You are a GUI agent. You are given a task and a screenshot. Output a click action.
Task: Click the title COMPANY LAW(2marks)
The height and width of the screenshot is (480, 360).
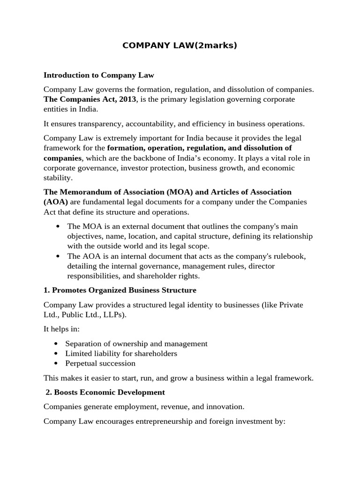[x=180, y=45]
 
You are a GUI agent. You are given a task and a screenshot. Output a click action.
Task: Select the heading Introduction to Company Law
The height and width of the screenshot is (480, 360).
[x=98, y=75]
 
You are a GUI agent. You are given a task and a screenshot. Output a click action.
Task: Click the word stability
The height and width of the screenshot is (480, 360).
[x=58, y=178]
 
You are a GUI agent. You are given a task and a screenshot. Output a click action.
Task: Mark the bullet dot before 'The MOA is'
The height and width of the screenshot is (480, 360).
[x=58, y=227]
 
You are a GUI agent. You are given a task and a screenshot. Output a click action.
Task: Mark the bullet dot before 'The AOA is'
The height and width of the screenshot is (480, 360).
[x=58, y=256]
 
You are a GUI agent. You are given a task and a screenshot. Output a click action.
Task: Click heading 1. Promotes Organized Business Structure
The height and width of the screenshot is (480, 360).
[x=120, y=291]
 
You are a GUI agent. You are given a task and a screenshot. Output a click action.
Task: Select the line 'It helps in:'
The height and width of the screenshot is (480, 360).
[x=62, y=329]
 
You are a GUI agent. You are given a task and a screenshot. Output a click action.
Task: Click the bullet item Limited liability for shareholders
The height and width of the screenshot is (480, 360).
[x=121, y=353]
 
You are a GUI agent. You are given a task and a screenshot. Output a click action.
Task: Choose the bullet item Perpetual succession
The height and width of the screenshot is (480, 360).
[x=100, y=363]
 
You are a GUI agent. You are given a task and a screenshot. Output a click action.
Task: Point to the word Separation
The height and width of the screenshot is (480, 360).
[x=84, y=344]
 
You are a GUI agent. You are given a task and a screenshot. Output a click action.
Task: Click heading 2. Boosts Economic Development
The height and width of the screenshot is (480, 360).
[x=105, y=392]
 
